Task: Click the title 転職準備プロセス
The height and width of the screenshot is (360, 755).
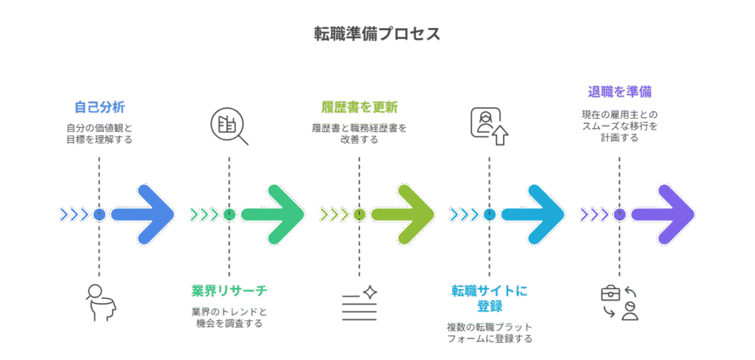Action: click(377, 34)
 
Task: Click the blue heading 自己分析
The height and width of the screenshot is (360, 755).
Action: click(100, 107)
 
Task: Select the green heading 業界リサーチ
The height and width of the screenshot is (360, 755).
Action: click(229, 290)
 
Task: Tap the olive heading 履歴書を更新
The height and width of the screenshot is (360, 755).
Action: click(359, 107)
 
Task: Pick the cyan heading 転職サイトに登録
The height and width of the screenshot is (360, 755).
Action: click(489, 297)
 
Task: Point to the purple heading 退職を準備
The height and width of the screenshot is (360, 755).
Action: click(619, 92)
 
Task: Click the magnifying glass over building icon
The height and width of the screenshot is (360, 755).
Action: click(229, 127)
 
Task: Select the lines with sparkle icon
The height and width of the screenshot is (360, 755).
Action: click(359, 302)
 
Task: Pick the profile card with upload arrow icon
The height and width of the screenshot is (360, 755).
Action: click(490, 126)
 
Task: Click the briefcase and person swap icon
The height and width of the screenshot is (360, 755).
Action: click(619, 302)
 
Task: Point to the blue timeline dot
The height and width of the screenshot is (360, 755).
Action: click(100, 215)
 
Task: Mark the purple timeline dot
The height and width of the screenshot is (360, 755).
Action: click(619, 215)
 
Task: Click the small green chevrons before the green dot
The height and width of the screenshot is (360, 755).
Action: click(204, 215)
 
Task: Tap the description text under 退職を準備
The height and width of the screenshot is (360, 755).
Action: click(619, 126)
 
